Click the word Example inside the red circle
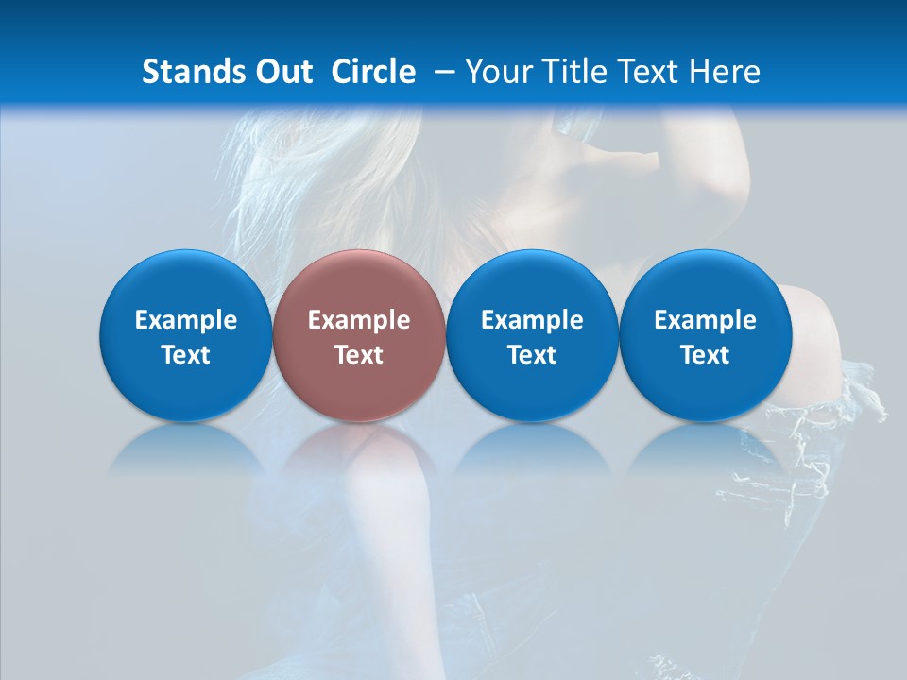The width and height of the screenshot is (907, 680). pyautogui.click(x=359, y=320)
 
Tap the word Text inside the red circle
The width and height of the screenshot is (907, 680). pyautogui.click(x=359, y=355)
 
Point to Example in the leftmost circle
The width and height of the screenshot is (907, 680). pyautogui.click(x=185, y=320)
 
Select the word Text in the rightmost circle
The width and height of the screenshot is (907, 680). pyautogui.click(x=705, y=355)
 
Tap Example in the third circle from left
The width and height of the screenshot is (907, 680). pyautogui.click(x=532, y=320)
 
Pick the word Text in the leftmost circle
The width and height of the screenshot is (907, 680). pyautogui.click(x=185, y=355)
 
